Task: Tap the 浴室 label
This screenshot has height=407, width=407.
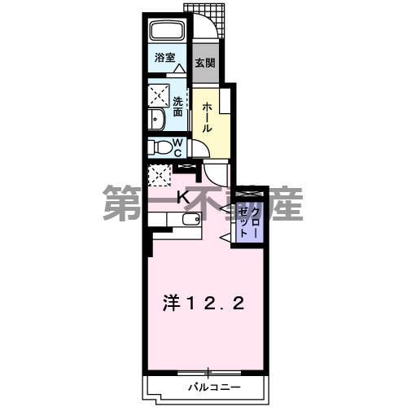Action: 165,57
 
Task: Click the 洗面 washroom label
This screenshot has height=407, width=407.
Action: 179,106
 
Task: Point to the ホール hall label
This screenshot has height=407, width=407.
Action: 208,117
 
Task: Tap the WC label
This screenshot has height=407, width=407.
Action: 178,147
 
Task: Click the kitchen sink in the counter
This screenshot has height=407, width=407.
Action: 192,220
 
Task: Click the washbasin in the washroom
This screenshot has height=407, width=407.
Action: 157,120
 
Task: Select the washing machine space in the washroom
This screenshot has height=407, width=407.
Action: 158,95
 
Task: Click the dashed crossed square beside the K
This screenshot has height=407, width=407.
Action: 159,174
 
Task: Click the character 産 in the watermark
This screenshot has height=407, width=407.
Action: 284,204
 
